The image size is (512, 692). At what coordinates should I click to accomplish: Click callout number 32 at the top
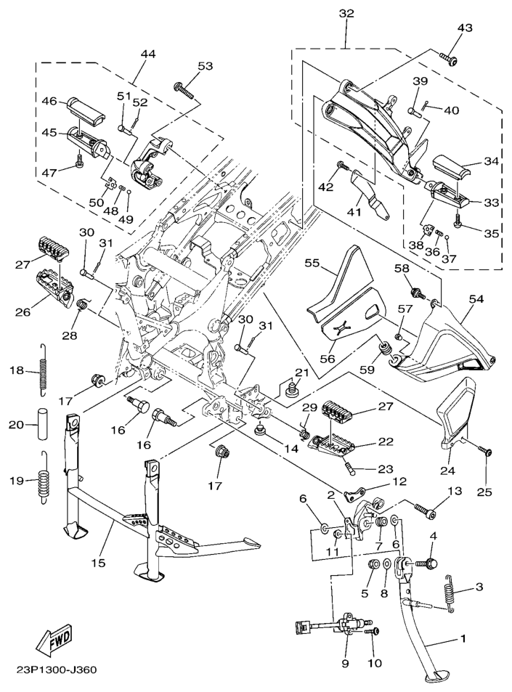point(346,14)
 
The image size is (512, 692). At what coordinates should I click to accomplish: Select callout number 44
point(148,54)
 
